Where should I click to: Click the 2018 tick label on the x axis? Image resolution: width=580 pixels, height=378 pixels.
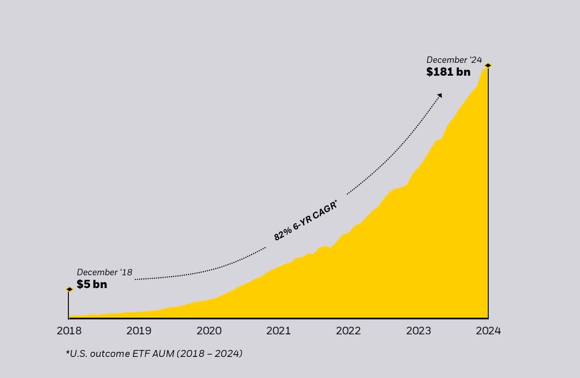pos(69,331)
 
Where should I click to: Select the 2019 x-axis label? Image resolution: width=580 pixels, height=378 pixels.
pos(139,331)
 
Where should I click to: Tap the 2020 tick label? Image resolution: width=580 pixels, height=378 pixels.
pos(209,331)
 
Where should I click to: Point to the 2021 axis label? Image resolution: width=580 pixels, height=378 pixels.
pos(279,331)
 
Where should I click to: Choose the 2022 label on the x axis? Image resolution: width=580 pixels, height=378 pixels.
pos(348,331)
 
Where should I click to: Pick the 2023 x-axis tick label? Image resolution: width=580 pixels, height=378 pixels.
pos(418,331)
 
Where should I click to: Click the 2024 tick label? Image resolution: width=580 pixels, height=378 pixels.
pos(488,331)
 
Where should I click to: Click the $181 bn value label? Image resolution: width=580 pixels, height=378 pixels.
pos(448,72)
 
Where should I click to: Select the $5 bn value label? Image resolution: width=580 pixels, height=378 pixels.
pos(92,284)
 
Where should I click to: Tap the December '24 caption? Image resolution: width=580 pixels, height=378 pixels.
pos(454,60)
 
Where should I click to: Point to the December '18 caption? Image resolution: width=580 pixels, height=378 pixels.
pos(105,272)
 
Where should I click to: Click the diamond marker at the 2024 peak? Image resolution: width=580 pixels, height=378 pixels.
pos(488,66)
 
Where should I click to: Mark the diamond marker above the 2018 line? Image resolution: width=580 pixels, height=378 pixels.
pos(69,289)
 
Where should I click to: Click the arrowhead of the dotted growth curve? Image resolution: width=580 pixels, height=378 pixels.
pos(440,95)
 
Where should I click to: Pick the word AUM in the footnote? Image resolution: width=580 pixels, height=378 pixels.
pos(165,353)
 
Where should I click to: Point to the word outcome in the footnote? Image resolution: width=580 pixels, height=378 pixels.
pos(112,353)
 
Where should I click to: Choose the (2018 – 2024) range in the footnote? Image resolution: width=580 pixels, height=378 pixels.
pos(210,353)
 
